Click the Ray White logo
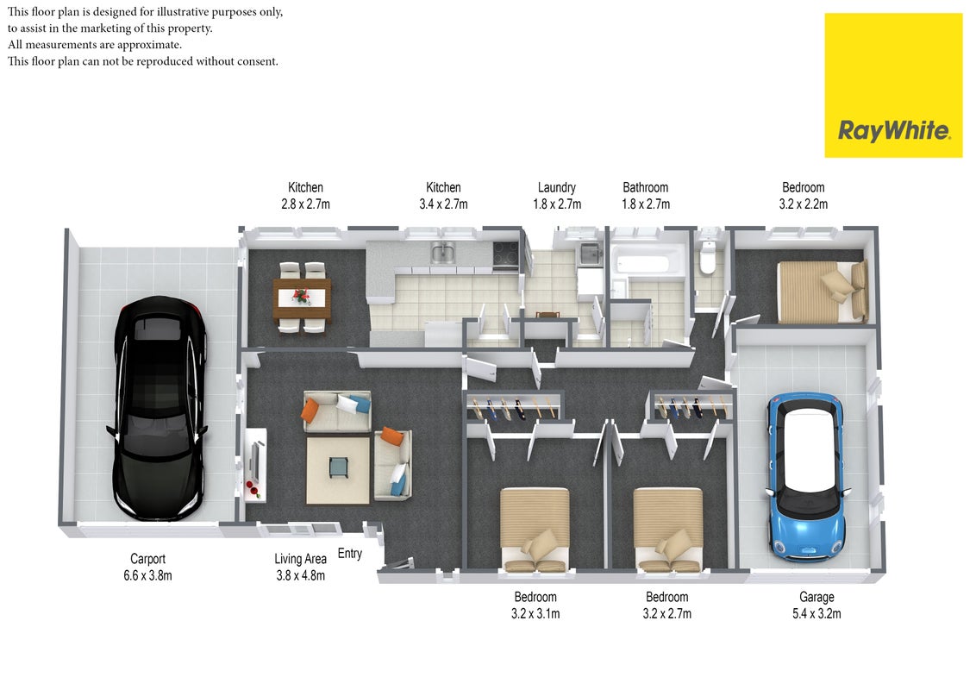pos(893,85)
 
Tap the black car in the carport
pos(159,409)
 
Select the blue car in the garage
pos(807,476)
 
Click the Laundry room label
pos(556,187)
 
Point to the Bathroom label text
pos(646,187)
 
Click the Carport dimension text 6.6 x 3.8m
pos(147,575)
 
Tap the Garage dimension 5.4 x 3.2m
pos(816,613)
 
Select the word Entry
pos(350,554)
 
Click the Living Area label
pos(301,559)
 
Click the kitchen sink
pos(442,253)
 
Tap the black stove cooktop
pos(505,254)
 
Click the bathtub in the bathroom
pos(642,261)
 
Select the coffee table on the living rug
pos(339,467)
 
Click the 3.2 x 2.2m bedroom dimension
pos(803,204)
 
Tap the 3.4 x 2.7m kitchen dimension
pos(443,204)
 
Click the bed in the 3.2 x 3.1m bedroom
pos(535,530)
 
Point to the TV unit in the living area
pos(256,464)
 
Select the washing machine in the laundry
pos(590,254)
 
